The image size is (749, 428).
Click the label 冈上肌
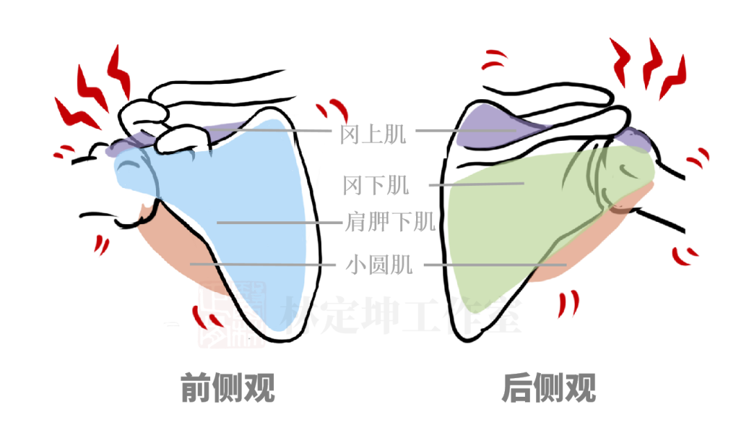[372, 134]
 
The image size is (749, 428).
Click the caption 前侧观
[227, 388]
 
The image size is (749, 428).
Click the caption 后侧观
[549, 388]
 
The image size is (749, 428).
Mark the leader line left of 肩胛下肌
[277, 223]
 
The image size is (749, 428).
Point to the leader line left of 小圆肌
[264, 264]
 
